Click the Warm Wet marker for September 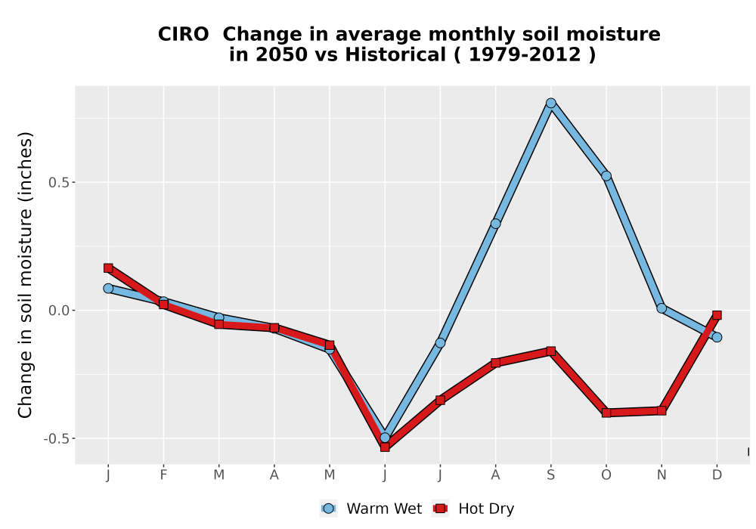(x=550, y=103)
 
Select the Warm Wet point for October (x=606, y=176)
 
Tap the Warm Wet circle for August (x=495, y=224)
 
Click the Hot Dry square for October (x=606, y=413)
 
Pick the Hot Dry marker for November (x=661, y=410)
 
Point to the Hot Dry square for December (x=717, y=315)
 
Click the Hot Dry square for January (x=108, y=268)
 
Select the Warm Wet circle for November (x=661, y=308)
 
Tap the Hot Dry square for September (x=550, y=351)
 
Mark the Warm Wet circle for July (x=440, y=343)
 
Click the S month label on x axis (x=550, y=475)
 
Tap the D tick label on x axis (x=717, y=475)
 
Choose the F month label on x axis (x=163, y=475)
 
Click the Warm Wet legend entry (x=370, y=509)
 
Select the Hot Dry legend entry (x=473, y=509)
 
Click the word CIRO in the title (x=184, y=34)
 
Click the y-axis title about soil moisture (x=25, y=274)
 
